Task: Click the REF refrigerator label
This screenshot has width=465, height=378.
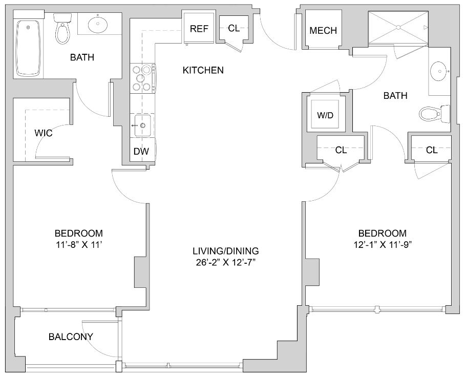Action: [x=199, y=29]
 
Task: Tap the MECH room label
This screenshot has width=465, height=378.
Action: [x=323, y=31]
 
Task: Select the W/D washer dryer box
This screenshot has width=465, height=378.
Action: [x=325, y=115]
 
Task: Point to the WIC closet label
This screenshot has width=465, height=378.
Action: [x=44, y=133]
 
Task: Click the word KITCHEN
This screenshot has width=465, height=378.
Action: [x=203, y=70]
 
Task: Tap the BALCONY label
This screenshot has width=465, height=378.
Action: [x=71, y=337]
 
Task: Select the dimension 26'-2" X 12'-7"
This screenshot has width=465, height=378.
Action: [x=226, y=263]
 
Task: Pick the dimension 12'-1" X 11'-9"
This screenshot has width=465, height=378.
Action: [x=383, y=244]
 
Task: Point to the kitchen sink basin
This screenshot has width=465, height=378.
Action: [x=143, y=125]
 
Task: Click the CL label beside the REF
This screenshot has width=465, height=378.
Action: [x=234, y=29]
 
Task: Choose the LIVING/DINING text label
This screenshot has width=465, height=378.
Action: [x=226, y=251]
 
